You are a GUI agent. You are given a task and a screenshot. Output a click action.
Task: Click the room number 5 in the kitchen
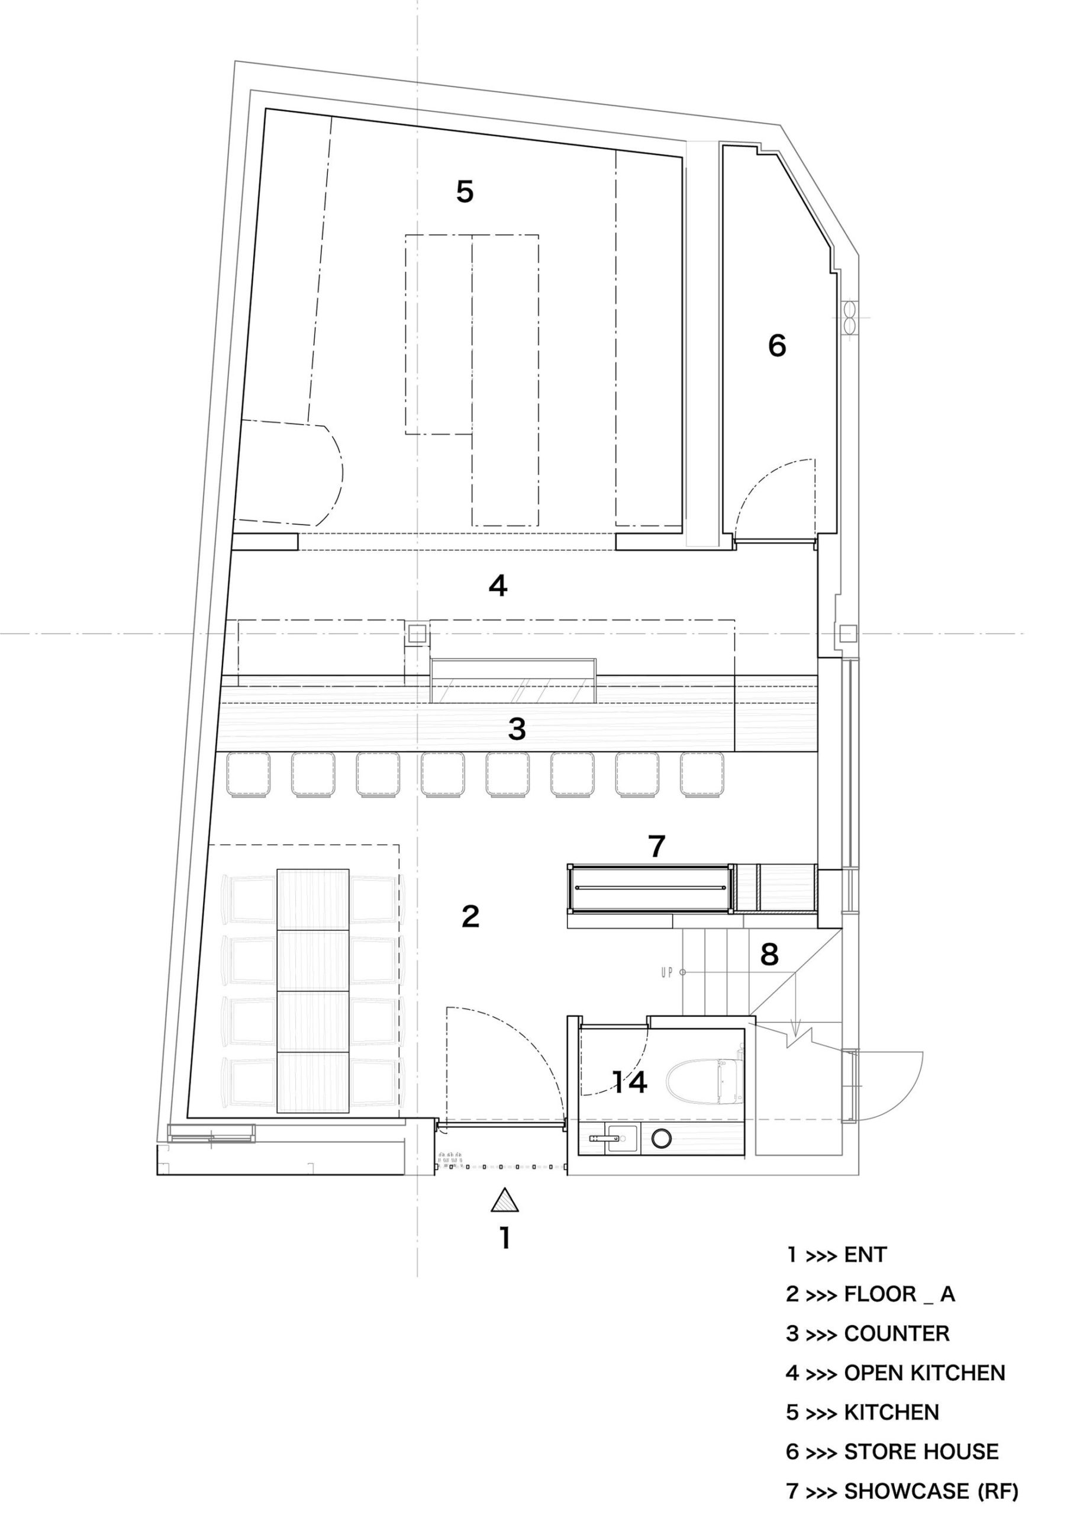(465, 192)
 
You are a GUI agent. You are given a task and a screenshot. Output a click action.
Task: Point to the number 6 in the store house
(777, 345)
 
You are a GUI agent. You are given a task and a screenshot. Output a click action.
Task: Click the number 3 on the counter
(517, 729)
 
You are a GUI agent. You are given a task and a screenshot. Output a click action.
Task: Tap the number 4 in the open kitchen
(498, 586)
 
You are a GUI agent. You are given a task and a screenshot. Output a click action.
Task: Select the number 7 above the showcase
(656, 846)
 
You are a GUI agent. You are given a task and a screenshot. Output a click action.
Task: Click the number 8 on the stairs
(769, 955)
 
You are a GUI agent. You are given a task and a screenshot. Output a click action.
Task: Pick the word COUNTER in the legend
(897, 1334)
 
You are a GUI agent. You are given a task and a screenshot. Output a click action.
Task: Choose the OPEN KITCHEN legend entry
(924, 1373)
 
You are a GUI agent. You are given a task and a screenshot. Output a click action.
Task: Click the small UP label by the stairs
(667, 972)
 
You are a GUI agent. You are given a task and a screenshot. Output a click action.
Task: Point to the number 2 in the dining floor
(470, 916)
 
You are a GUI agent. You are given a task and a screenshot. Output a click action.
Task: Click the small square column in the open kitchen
(417, 634)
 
